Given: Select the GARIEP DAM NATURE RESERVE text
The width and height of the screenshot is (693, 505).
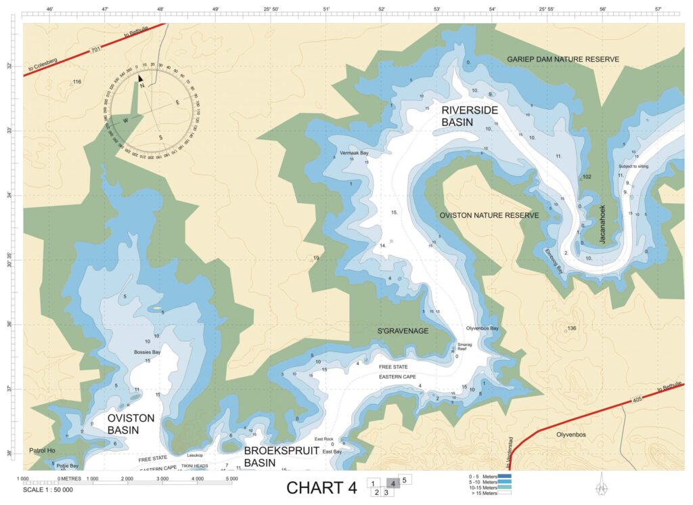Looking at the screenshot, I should [563, 60].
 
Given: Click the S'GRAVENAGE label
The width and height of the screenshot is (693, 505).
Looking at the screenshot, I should [403, 331].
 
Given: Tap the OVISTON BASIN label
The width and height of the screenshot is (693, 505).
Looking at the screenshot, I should [131, 424].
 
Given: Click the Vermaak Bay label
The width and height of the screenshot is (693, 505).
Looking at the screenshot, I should [354, 153].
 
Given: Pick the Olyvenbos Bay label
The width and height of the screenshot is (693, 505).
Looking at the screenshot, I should [483, 328].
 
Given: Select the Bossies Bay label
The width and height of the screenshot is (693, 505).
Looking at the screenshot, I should [147, 352].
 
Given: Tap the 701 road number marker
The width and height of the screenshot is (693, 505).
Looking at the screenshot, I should [96, 49].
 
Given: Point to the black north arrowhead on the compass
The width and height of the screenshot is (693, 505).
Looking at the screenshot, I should [141, 79].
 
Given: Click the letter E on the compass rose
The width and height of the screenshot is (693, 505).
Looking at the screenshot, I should [177, 102].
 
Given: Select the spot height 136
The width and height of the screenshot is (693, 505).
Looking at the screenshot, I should [572, 328].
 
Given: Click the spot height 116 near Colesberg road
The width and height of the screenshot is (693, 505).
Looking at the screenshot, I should [76, 82].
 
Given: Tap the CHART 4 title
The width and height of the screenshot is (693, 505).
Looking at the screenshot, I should [321, 487].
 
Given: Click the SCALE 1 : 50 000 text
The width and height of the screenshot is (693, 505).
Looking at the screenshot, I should [51, 489].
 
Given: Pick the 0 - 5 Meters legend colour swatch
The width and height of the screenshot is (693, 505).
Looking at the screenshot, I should [504, 477].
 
